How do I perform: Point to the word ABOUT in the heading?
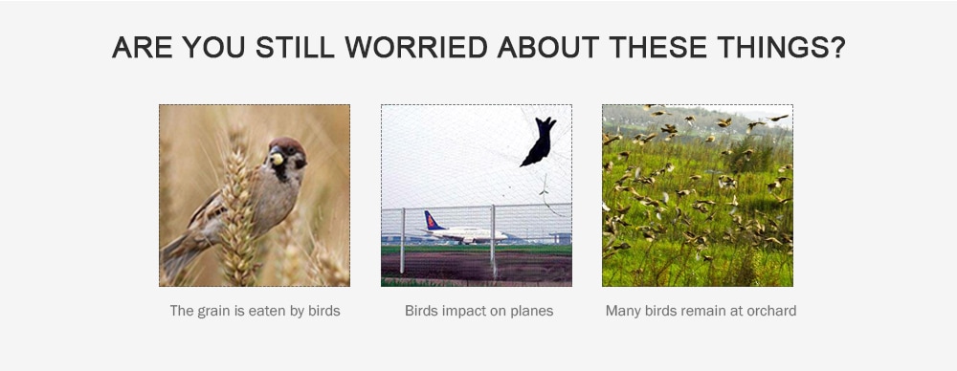(548, 48)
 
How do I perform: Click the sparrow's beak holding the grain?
(277, 158)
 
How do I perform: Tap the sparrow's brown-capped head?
(287, 154)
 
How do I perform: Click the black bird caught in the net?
(539, 142)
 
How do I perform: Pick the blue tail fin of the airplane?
(433, 220)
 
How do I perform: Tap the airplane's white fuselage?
(470, 234)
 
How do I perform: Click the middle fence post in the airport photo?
(493, 240)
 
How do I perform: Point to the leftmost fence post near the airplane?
(402, 240)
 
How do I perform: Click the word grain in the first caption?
(213, 311)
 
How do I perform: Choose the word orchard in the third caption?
(773, 311)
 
